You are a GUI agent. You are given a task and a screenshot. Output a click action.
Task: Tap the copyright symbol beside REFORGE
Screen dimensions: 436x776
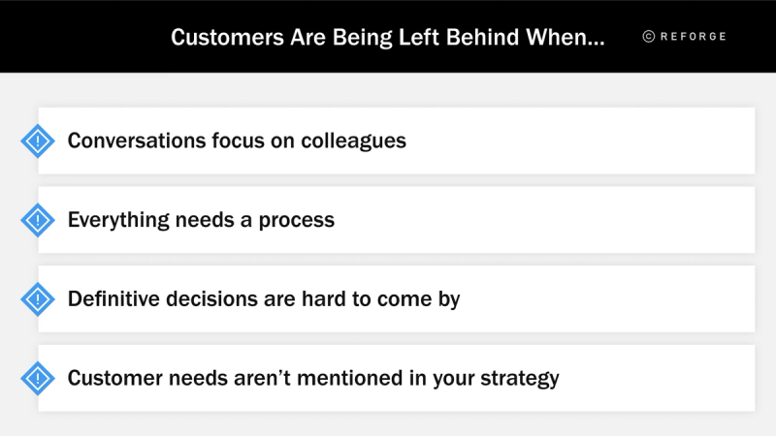pyautogui.click(x=649, y=37)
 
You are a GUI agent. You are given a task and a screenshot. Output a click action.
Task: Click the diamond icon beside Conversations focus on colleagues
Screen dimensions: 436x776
pyautogui.click(x=38, y=141)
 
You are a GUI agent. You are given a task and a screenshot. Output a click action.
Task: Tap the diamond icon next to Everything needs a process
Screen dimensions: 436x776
pyautogui.click(x=38, y=220)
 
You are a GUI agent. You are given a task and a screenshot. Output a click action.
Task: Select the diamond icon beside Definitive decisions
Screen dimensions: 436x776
pyautogui.click(x=38, y=299)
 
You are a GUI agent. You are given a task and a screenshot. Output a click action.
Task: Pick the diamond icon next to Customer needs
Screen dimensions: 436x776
pyautogui.click(x=38, y=378)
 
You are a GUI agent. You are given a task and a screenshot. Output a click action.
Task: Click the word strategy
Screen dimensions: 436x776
pyautogui.click(x=519, y=379)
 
